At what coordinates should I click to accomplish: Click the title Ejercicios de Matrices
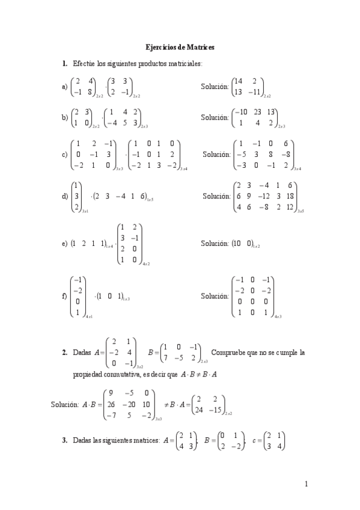pos(180,46)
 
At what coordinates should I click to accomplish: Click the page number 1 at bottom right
pos(307,484)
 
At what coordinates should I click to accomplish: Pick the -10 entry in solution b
pos(240,112)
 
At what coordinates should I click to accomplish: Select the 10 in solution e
pos(237,245)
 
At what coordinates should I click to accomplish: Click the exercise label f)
pos(65,296)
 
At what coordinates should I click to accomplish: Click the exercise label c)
pos(64,155)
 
